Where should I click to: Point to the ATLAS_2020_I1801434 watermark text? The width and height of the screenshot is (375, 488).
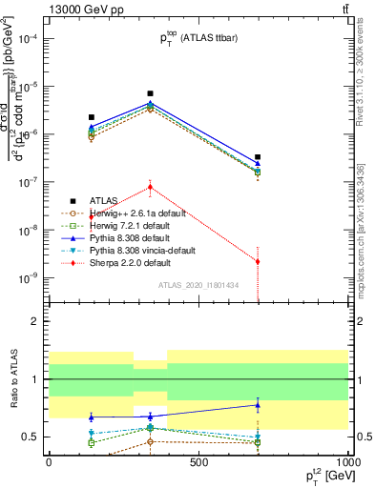[x=198, y=285]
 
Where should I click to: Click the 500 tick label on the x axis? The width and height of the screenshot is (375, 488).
[x=198, y=461]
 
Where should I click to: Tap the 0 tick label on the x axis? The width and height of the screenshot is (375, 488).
[x=48, y=461]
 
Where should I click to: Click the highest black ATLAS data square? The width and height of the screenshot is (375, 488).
[x=150, y=93]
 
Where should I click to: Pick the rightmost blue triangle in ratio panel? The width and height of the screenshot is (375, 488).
[x=258, y=405]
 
